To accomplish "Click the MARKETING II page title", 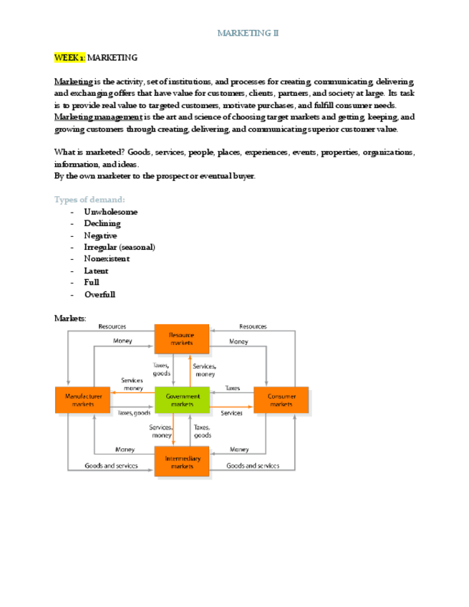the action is pyautogui.click(x=248, y=33).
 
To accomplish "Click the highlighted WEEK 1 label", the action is pyautogui.click(x=69, y=57).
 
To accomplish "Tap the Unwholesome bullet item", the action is pyautogui.click(x=110, y=212).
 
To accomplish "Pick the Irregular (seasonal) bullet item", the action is pyautogui.click(x=119, y=247).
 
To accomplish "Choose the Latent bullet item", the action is pyautogui.click(x=96, y=271).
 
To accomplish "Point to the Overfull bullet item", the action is pyautogui.click(x=100, y=294).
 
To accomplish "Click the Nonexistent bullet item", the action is pyautogui.click(x=107, y=258).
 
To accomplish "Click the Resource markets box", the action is pyautogui.click(x=182, y=339).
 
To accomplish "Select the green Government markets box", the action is pyautogui.click(x=182, y=399).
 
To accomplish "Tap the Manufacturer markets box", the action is pyautogui.click(x=83, y=399).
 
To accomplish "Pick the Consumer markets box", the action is pyautogui.click(x=281, y=399).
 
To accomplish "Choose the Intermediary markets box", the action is pyautogui.click(x=182, y=462).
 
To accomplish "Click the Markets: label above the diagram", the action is pyautogui.click(x=70, y=318).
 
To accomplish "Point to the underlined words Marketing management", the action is pyautogui.click(x=97, y=117).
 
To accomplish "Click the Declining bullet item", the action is pyautogui.click(x=102, y=223).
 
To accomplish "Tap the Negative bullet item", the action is pyautogui.click(x=100, y=235).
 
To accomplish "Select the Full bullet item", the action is pyautogui.click(x=92, y=283).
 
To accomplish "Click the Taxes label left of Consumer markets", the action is pyautogui.click(x=232, y=388).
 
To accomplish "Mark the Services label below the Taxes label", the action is pyautogui.click(x=231, y=413).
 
